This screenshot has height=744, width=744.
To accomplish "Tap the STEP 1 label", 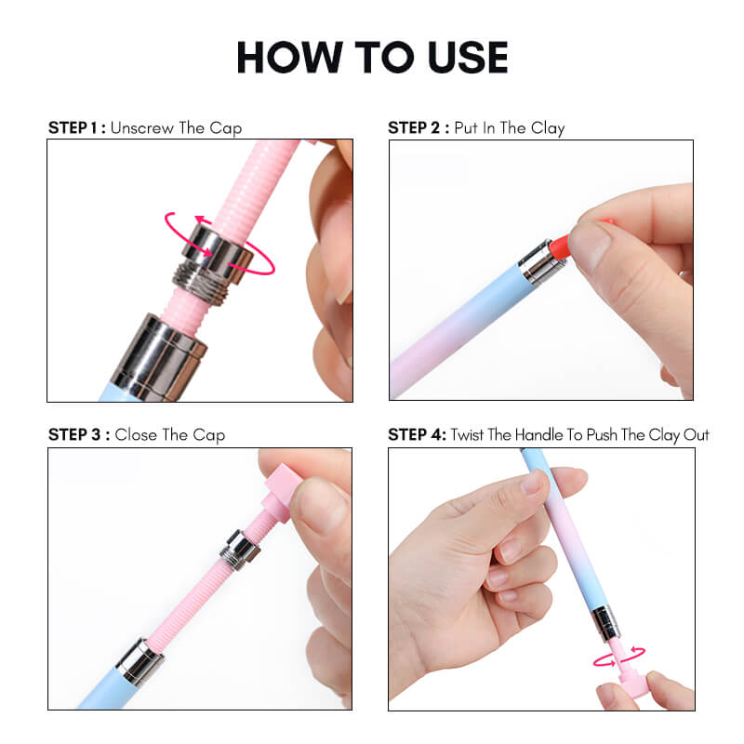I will click(75, 127).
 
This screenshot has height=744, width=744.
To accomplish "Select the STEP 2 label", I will click(417, 127).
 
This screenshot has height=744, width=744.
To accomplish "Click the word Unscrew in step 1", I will click(141, 127).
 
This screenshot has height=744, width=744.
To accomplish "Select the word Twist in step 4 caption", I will click(469, 434).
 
